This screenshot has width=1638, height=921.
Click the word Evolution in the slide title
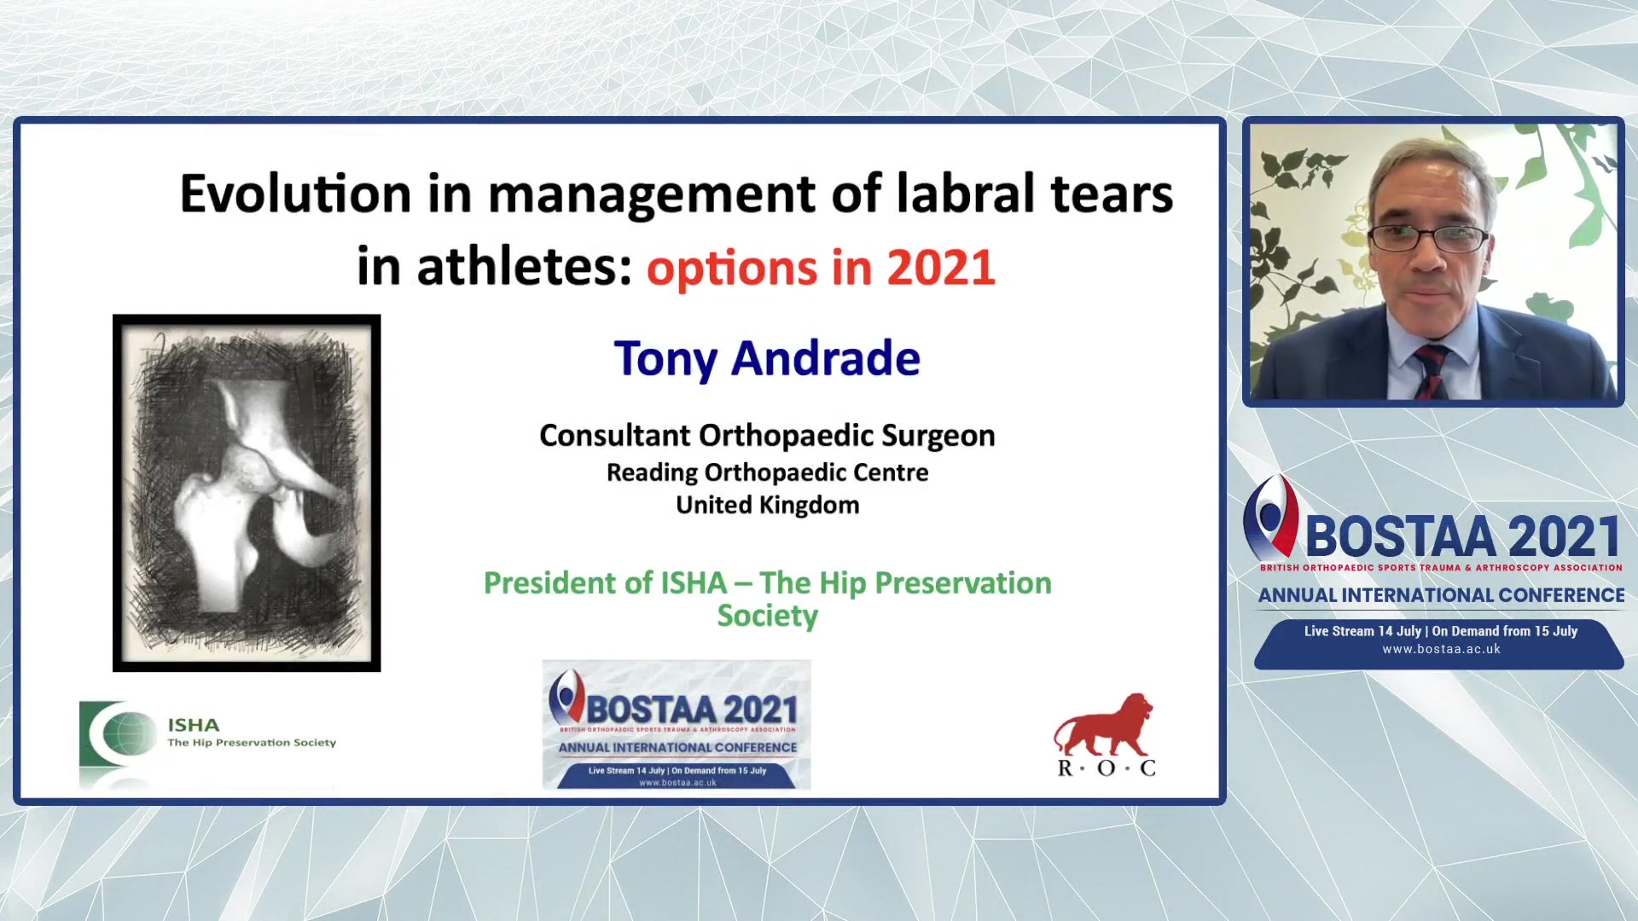click(295, 194)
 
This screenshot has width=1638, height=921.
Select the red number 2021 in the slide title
click(941, 268)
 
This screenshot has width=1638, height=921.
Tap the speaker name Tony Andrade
click(767, 359)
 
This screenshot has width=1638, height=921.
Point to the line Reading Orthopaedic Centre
click(767, 472)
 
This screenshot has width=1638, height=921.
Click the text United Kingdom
click(767, 505)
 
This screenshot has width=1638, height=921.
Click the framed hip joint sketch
click(247, 493)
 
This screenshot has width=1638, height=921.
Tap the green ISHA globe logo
click(118, 733)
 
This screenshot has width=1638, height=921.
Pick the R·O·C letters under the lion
click(1107, 767)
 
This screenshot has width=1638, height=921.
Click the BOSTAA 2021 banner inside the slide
click(677, 725)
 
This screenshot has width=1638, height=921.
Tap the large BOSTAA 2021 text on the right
click(1462, 537)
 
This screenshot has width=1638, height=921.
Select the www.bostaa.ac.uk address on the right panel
click(1441, 649)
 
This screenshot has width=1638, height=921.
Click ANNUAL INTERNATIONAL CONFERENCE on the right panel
click(1441, 595)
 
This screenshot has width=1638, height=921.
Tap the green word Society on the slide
click(767, 617)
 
